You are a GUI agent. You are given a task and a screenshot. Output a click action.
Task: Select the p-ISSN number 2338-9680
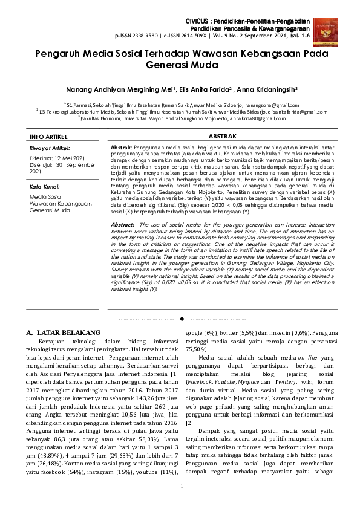[x=146, y=36]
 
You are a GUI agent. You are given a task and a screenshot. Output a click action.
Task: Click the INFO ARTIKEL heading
[x=49, y=138]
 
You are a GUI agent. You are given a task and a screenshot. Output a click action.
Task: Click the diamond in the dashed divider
[x=180, y=317]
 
